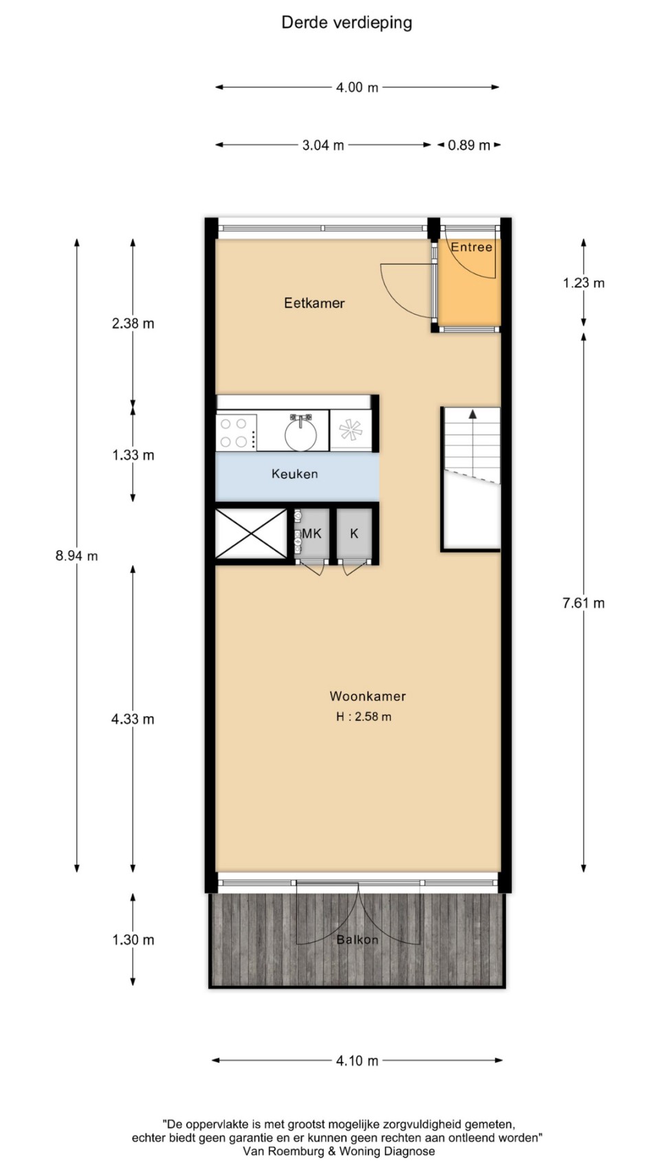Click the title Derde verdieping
346,23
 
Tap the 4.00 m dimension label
357,87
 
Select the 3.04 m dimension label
322,145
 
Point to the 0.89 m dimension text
469,145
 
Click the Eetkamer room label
314,302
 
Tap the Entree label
472,247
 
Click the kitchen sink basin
300,432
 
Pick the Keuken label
294,474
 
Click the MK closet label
311,534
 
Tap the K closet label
354,534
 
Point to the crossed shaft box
252,534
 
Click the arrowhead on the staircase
472,414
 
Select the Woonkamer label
367,696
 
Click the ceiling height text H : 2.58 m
364,717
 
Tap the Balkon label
357,939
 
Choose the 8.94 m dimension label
76,556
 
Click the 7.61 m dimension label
584,603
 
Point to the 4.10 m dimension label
357,1060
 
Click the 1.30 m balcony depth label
133,939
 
